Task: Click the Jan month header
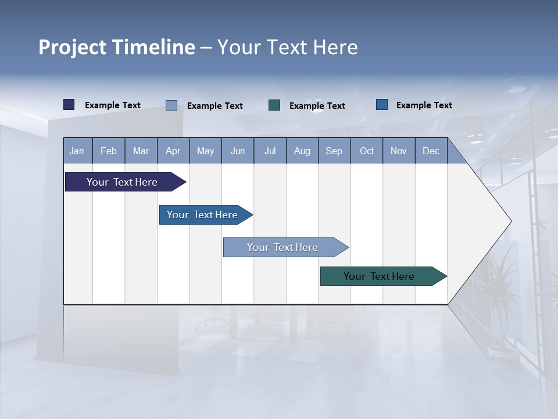click(77, 151)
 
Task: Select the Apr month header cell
click(173, 151)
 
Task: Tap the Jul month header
click(270, 151)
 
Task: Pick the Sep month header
click(334, 151)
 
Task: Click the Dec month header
click(431, 151)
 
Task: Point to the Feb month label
click(109, 151)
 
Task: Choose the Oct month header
click(367, 151)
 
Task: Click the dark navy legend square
click(69, 105)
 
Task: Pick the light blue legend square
click(171, 105)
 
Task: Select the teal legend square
click(274, 105)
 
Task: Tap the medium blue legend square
click(382, 105)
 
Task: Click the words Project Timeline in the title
click(116, 47)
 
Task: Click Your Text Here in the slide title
click(288, 47)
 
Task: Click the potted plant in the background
click(501, 303)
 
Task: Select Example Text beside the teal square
click(317, 106)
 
